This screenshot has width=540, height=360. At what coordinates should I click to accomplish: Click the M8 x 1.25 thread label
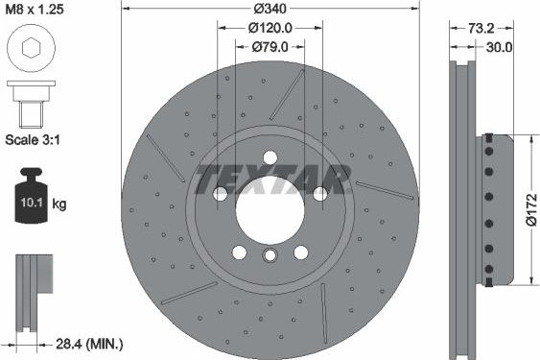41,12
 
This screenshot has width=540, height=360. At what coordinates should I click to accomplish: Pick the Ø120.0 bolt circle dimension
270,29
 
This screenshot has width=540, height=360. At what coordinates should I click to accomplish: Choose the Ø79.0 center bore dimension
270,46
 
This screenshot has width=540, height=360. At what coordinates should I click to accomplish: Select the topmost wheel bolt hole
270,158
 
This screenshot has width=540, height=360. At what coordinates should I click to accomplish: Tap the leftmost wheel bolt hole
222,194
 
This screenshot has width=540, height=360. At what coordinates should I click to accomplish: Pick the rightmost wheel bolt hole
318,194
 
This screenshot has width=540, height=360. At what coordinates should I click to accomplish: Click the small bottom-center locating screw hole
270,255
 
